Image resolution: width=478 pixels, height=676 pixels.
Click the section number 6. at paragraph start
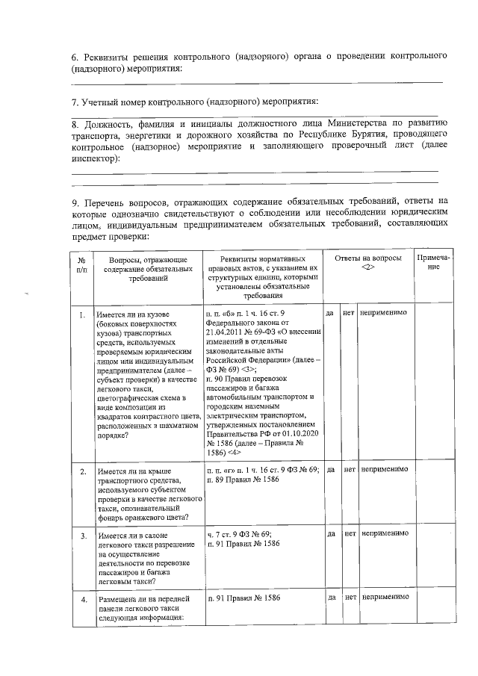[75, 56]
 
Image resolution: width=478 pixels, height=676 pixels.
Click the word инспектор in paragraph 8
[93, 159]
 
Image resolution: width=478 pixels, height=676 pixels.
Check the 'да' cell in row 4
[330, 598]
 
